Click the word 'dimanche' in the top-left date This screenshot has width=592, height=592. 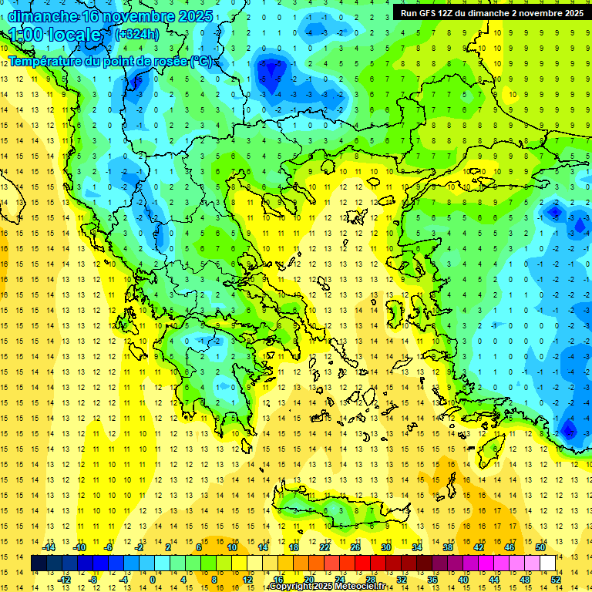click(43, 16)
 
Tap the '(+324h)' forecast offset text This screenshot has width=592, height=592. click(137, 34)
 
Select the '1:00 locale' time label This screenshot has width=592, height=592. click(55, 35)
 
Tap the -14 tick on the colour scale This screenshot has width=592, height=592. click(49, 547)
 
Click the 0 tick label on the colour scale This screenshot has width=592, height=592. click(152, 580)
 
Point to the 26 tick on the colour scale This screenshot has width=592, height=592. click(355, 547)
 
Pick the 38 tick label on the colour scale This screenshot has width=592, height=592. click(448, 547)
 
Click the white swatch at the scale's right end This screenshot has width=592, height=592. click(547, 563)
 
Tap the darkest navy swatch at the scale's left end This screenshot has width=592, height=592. click(39, 563)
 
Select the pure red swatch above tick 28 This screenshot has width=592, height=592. click(363, 563)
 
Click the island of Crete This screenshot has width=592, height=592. click(339, 511)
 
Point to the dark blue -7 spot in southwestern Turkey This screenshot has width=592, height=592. click(569, 429)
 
